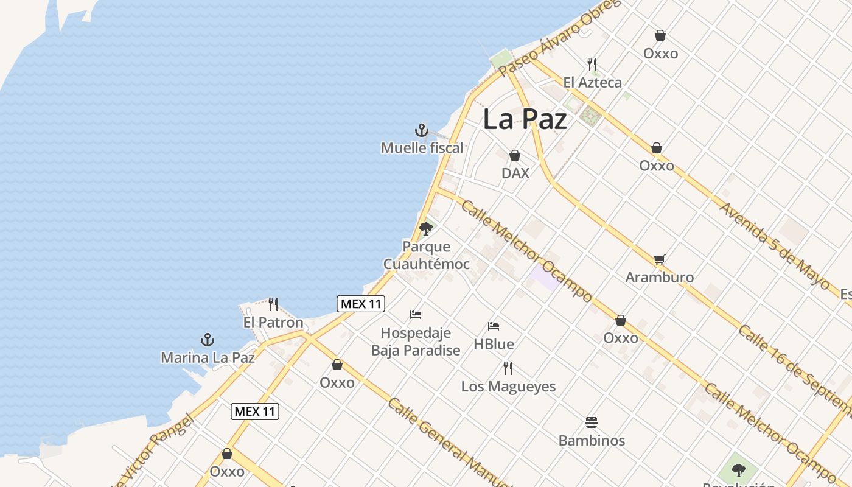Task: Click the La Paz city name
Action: (525, 119)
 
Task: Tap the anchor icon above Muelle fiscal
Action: (422, 130)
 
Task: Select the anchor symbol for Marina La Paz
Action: (208, 340)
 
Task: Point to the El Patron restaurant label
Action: (273, 322)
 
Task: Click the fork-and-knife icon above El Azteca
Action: (592, 64)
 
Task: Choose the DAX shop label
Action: (515, 173)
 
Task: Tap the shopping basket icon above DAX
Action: (515, 155)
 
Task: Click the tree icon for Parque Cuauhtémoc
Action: (426, 228)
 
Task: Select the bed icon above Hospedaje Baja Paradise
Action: (416, 315)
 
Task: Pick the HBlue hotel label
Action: (494, 344)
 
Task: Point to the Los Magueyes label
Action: (508, 386)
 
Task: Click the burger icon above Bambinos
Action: (592, 422)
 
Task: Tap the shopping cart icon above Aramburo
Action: (659, 260)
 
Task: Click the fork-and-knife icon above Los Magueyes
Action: (508, 368)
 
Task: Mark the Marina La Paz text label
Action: (208, 357)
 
